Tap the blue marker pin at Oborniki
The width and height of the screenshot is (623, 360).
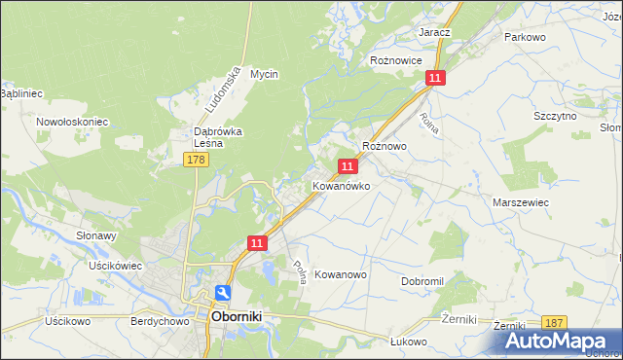pyautogui.click(x=223, y=293)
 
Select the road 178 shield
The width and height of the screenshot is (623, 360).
pyautogui.click(x=197, y=160)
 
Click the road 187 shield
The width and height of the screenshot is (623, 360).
pyautogui.click(x=556, y=323)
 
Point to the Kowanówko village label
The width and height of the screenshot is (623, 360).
pyautogui.click(x=341, y=185)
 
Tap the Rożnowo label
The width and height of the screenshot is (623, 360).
pyautogui.click(x=384, y=145)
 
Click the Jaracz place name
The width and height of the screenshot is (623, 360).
pyautogui.click(x=434, y=32)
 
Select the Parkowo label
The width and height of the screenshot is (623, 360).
pyautogui.click(x=524, y=36)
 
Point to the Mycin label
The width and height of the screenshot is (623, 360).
pyautogui.click(x=264, y=74)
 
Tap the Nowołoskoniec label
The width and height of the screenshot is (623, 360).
pyautogui.click(x=72, y=122)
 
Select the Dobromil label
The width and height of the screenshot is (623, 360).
pyautogui.click(x=421, y=281)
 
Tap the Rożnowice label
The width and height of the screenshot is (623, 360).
pyautogui.click(x=395, y=59)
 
